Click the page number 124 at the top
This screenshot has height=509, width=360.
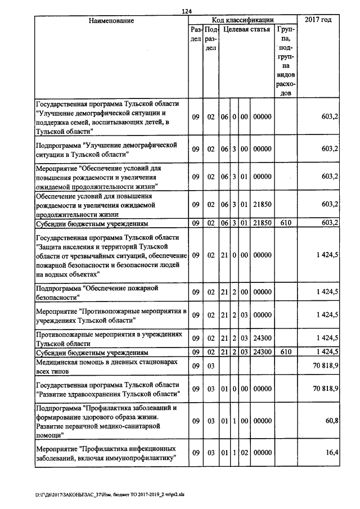pyautogui.click(x=187, y=11)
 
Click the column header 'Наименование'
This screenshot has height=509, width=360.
pyautogui.click(x=111, y=20)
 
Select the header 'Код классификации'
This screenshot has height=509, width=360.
pyautogui.click(x=242, y=20)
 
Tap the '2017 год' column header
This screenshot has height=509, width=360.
pyautogui.click(x=318, y=20)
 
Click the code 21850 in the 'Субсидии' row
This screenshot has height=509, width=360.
pyautogui.click(x=262, y=223)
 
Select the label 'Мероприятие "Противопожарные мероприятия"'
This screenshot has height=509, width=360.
pyautogui.click(x=111, y=315)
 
